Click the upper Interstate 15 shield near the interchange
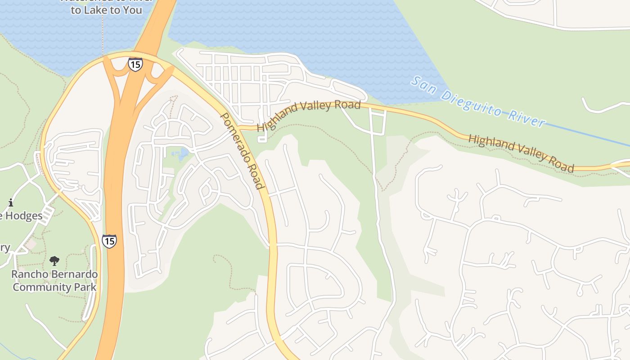(x=135, y=64)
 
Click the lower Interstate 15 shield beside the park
(x=109, y=241)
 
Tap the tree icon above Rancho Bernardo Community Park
(x=54, y=261)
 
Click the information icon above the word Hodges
(x=11, y=203)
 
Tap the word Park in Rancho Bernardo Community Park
(x=87, y=287)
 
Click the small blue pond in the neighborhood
(x=182, y=154)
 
